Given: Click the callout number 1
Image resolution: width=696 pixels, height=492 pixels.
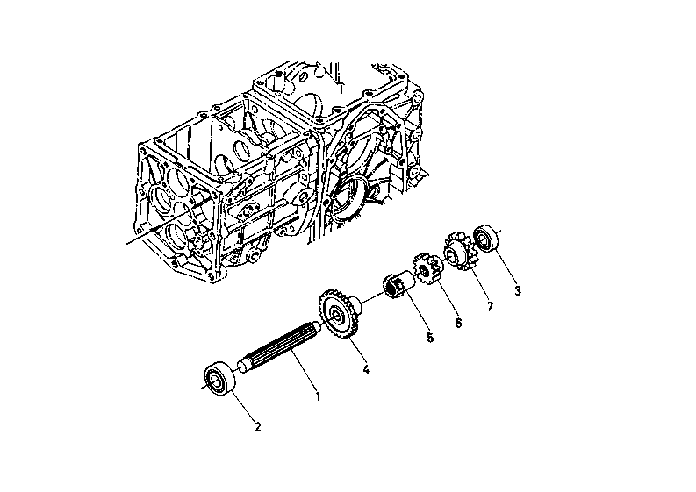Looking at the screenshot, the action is [x=318, y=396].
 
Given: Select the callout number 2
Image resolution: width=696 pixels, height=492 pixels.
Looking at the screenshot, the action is [x=257, y=427].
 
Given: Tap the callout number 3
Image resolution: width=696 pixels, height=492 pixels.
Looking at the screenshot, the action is [x=518, y=291].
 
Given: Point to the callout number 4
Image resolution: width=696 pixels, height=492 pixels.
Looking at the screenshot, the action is [x=366, y=368].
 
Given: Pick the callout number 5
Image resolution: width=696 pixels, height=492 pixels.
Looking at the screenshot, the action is [x=430, y=338].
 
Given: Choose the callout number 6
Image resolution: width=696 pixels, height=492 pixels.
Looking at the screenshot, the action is [x=458, y=323].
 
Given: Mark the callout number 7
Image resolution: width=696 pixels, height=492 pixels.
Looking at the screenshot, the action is [x=490, y=306].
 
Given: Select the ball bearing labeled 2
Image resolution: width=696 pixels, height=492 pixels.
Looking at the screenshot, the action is [x=219, y=378].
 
